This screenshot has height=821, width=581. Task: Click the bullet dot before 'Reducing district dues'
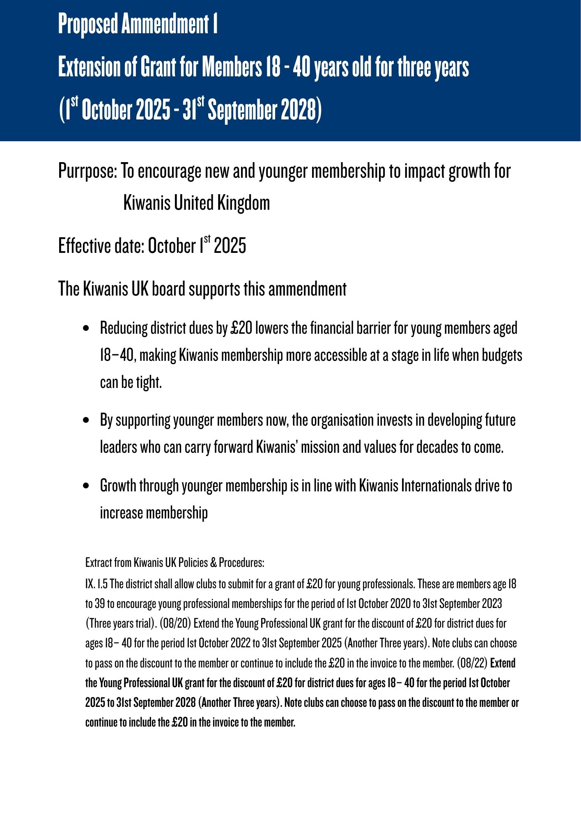[86, 328]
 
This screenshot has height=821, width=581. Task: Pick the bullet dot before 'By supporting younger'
[86, 420]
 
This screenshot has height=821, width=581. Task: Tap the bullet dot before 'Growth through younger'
[86, 486]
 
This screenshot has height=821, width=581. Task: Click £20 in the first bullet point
[241, 328]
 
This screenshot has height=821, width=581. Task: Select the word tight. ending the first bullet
[149, 382]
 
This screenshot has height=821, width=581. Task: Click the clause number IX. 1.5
[96, 584]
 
